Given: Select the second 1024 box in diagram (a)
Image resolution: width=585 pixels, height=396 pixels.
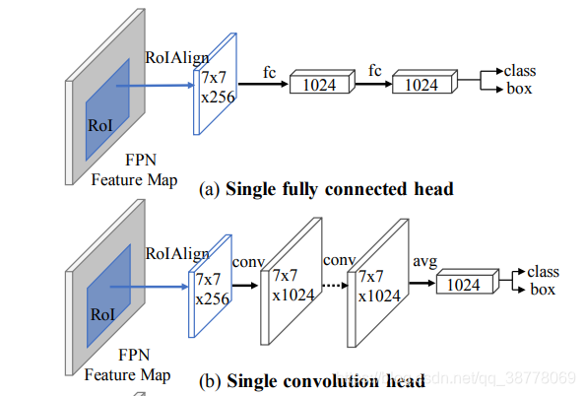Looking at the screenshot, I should coord(423,86).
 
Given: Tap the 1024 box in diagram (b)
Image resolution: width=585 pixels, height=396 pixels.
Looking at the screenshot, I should coord(459,284).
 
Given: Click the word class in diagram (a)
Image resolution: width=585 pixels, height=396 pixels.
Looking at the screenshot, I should coord(519,71).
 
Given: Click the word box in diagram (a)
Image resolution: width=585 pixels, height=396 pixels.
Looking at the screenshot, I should coord(518,89).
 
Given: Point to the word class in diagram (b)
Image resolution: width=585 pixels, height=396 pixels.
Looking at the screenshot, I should coord(543,271).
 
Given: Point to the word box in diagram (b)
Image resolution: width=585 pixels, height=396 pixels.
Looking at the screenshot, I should coord(542,289).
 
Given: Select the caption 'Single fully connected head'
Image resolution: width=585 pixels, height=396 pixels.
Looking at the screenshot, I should coord(340,189).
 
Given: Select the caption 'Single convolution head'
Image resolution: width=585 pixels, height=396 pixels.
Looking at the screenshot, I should coord(326,379).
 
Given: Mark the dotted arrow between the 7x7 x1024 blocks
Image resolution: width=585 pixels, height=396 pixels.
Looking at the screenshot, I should coord(334,287).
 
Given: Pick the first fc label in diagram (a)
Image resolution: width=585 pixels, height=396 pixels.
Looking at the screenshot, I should coord(269,72).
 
